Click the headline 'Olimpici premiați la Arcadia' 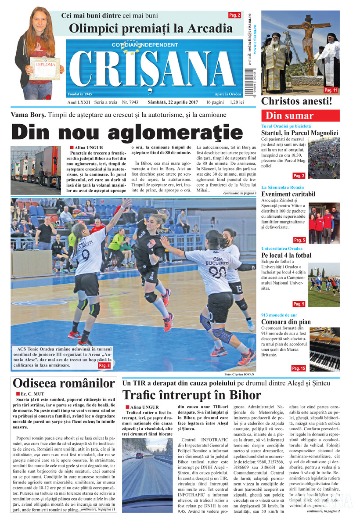pos(151,29)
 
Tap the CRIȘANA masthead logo pos(154,69)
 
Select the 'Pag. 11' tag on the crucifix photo pos(331,90)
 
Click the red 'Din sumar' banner pos(300,116)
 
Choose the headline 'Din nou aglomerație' pos(126,132)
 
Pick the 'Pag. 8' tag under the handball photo pos(104,365)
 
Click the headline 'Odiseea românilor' pos(64,383)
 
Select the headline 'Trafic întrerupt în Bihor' pos(191,395)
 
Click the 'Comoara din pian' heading pos(286,322)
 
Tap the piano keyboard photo pos(324,349)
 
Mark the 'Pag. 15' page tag pos(299,368)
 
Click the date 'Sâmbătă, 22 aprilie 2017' pos(171,102)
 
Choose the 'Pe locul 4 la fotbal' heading pos(286,255)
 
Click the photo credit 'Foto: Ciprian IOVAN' pos(240,374)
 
